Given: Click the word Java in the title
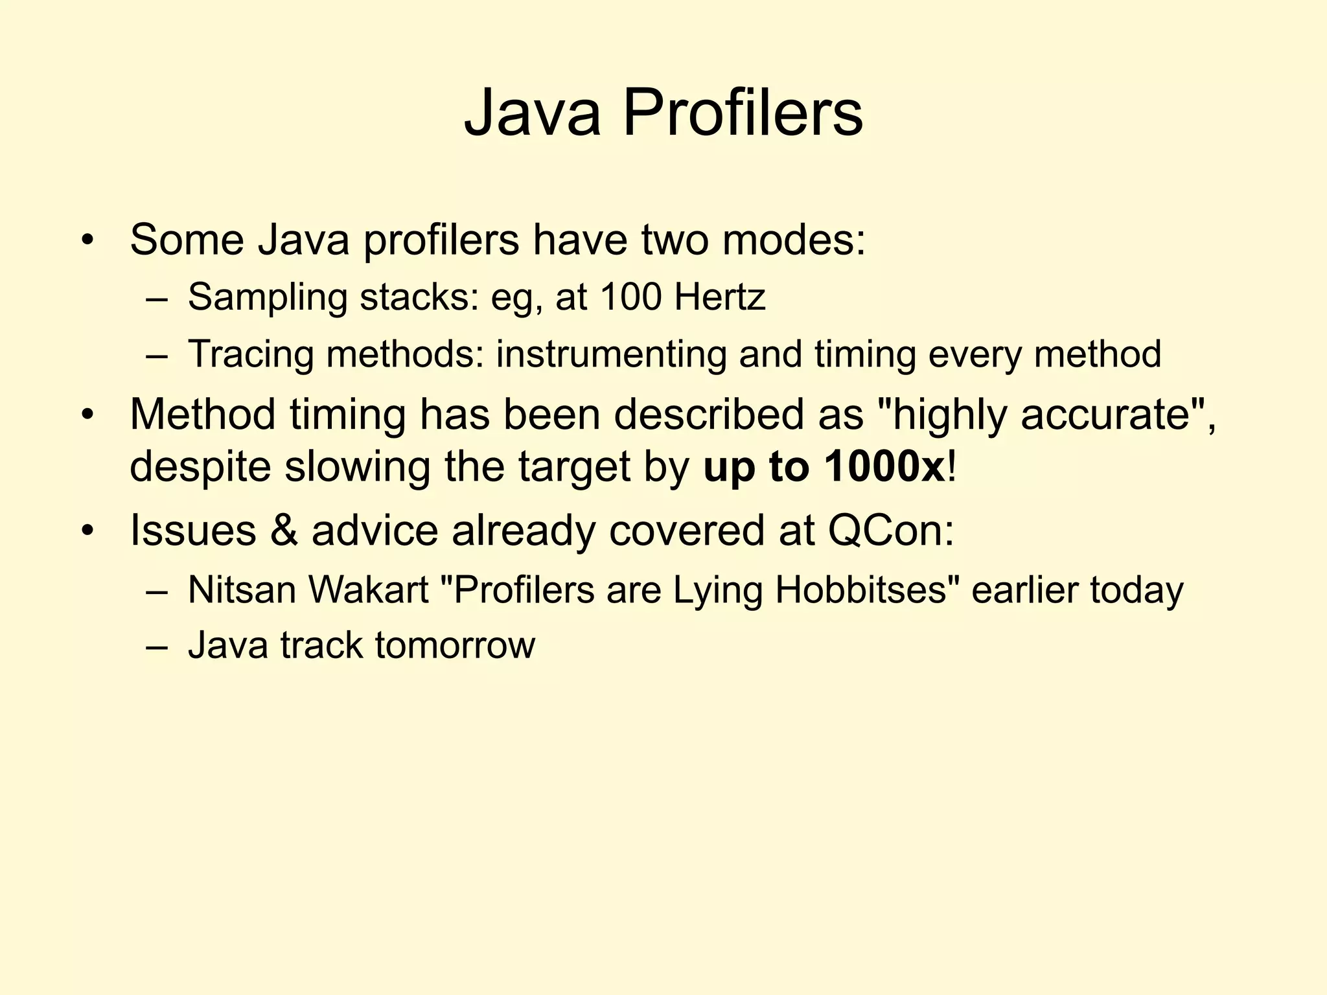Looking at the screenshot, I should point(532,113).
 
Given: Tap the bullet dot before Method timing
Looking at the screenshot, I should point(88,415).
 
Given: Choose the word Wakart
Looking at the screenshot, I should point(368,589).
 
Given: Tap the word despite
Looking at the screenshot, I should point(200,468).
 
